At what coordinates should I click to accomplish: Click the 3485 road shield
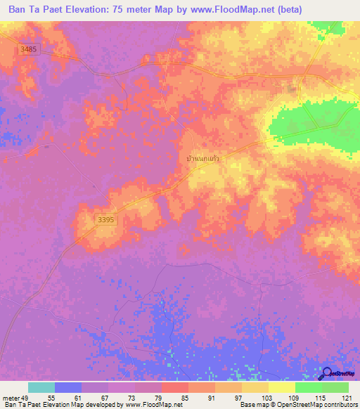[28, 48]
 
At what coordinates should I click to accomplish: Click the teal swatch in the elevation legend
[41, 387]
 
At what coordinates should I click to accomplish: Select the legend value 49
[27, 398]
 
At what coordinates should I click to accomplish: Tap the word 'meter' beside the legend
[11, 398]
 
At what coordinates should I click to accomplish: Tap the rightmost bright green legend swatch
[335, 387]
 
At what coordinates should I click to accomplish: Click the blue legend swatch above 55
[68, 387]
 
